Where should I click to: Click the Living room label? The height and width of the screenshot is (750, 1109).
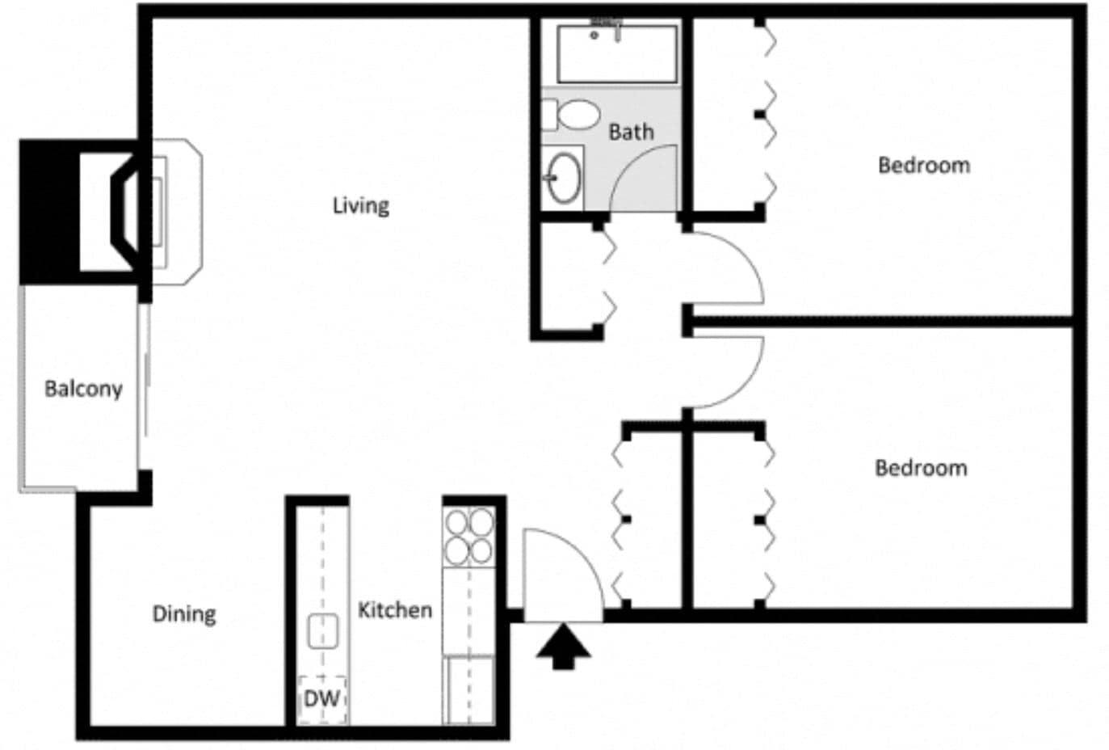point(360,205)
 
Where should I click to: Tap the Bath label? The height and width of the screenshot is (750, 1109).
point(631,132)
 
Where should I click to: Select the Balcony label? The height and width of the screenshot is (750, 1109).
point(83,389)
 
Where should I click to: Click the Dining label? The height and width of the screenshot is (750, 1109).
point(184,614)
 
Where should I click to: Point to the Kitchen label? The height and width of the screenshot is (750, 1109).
point(394,609)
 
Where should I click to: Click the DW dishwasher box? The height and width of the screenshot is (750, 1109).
point(322,698)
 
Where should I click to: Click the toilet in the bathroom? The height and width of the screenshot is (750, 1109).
point(575,115)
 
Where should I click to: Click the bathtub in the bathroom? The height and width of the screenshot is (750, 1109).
point(617,54)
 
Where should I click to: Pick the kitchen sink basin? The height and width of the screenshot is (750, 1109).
point(323,630)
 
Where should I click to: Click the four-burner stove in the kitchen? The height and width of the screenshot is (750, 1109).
point(468,536)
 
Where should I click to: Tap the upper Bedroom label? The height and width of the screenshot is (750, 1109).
point(924,166)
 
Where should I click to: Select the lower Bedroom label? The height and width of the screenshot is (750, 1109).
point(921,468)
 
